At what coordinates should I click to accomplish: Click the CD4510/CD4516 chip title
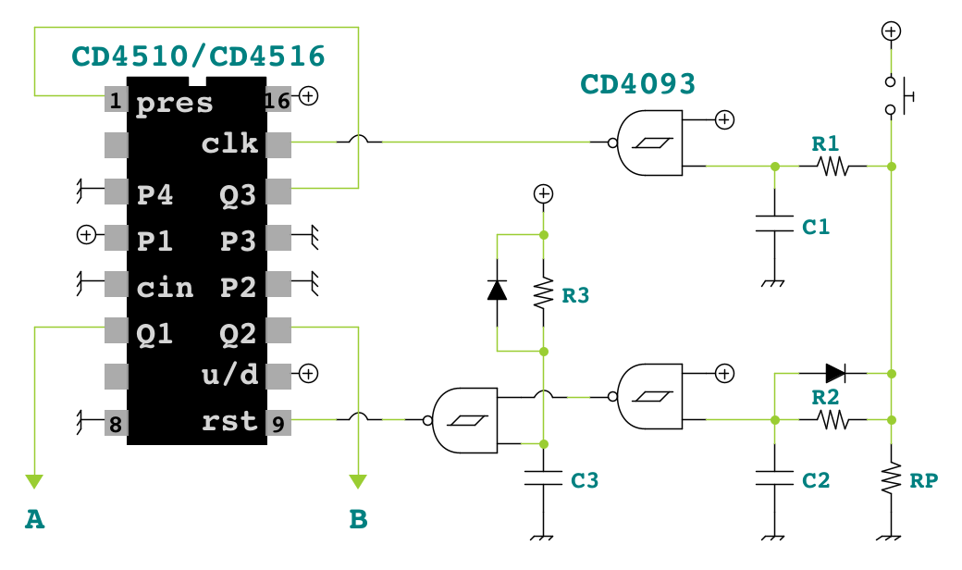[x=198, y=56]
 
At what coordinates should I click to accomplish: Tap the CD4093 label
[x=637, y=84]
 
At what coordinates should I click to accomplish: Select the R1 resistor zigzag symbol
[x=832, y=167]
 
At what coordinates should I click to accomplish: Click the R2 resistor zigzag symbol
[x=832, y=420]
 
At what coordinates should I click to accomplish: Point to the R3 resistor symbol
[x=543, y=293]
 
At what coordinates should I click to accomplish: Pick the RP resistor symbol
[x=891, y=478]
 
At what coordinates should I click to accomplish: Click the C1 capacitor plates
[x=774, y=223]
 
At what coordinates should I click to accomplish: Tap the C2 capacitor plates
[x=774, y=478]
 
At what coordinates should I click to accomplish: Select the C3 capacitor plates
[x=543, y=478]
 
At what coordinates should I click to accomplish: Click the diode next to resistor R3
[x=497, y=290]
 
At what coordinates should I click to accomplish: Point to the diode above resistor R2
[x=835, y=373]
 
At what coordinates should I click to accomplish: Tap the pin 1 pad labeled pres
[x=116, y=99]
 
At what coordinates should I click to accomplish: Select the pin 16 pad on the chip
[x=277, y=99]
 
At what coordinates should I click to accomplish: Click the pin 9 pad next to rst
[x=278, y=423]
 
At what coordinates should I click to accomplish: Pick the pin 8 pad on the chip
[x=116, y=423]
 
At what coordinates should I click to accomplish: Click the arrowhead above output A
[x=34, y=481]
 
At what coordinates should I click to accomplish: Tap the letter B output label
[x=358, y=519]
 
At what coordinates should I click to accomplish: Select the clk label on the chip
[x=230, y=142]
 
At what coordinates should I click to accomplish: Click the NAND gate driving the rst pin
[x=464, y=420]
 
